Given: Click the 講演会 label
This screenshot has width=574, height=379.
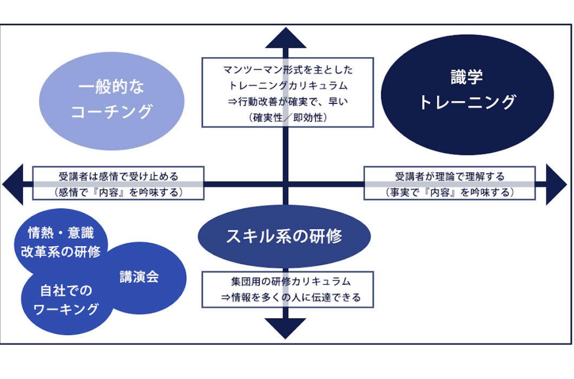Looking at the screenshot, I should (139, 277).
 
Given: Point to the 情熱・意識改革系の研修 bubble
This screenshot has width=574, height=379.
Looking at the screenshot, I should (61, 243).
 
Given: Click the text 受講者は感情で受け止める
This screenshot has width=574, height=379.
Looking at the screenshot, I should (118, 176).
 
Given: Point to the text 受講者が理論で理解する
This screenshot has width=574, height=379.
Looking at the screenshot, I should (449, 176).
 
